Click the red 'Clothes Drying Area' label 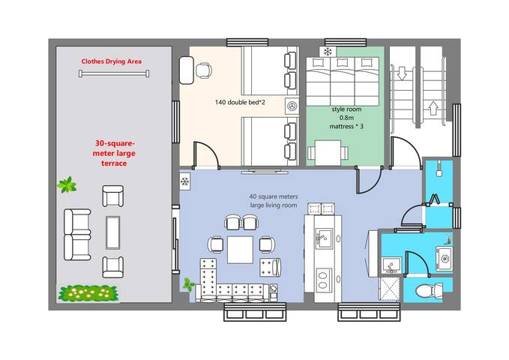point(112,61)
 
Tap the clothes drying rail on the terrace point(114,73)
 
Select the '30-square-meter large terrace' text point(114,153)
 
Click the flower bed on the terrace point(88,292)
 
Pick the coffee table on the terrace point(112,232)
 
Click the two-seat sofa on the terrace point(77,235)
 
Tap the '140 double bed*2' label point(240,102)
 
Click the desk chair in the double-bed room point(204,70)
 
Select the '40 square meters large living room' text point(274,201)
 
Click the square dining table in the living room point(240,250)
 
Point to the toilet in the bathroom point(429,290)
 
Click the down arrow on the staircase point(403,73)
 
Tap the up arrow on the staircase point(433,108)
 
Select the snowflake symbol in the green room point(328,51)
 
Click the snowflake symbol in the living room point(185,181)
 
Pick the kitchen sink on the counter point(324,238)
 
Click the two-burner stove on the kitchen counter point(324,280)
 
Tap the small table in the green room point(328,153)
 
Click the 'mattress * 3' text point(346,127)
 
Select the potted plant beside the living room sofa point(188,284)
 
